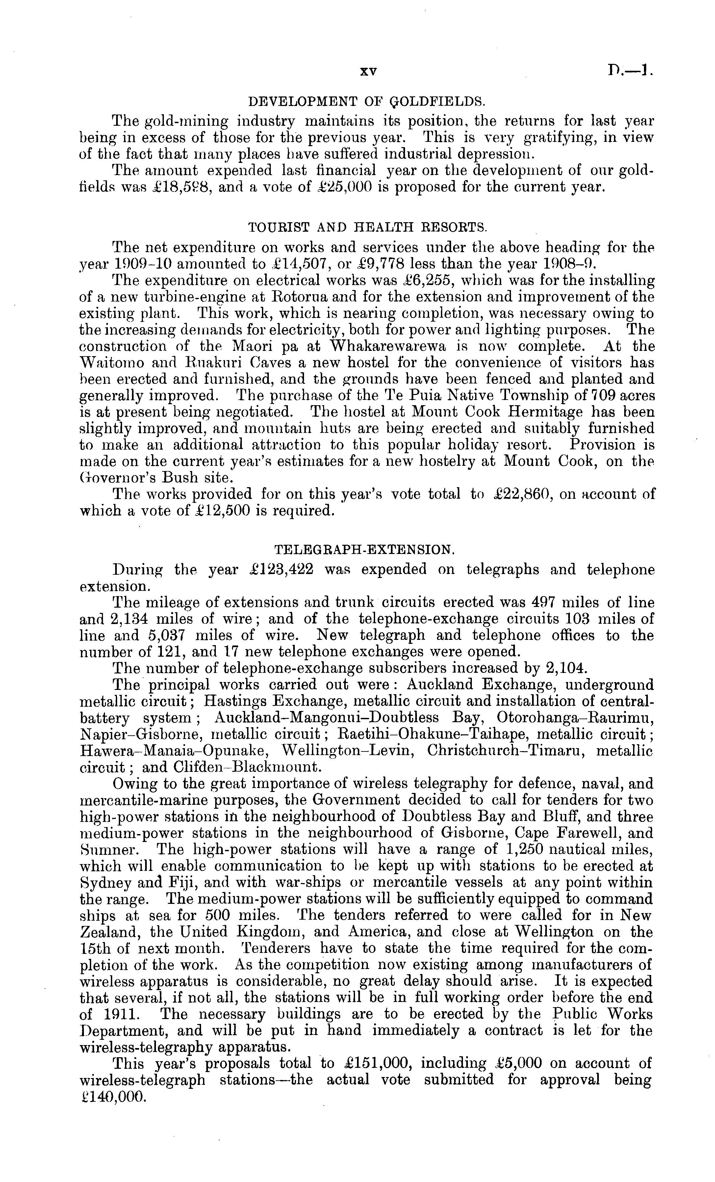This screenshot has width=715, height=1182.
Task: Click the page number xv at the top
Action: pyautogui.click(x=368, y=72)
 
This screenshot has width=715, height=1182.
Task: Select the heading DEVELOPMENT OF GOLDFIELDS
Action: pyautogui.click(x=366, y=101)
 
